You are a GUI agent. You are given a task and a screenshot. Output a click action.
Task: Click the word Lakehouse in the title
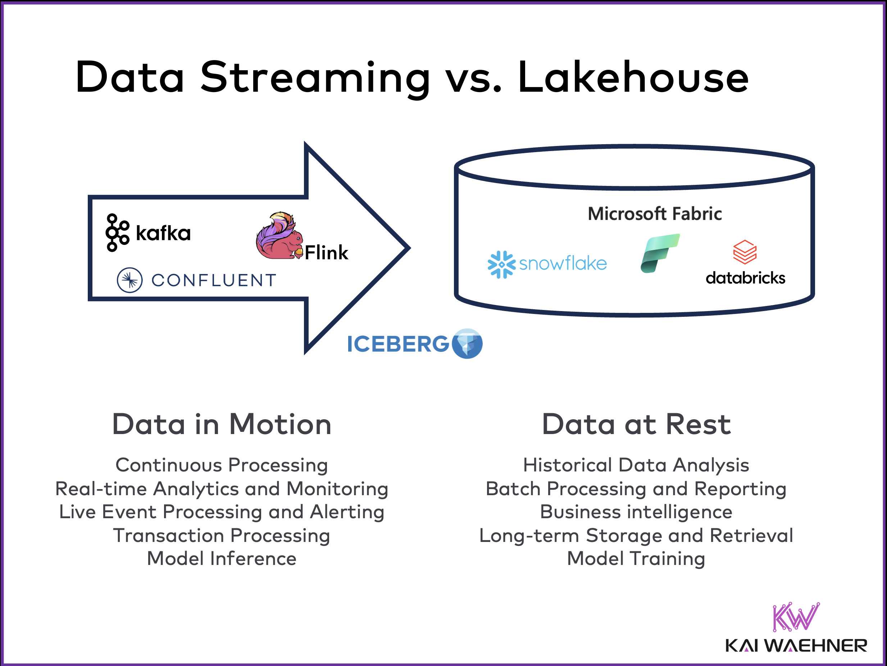click(633, 77)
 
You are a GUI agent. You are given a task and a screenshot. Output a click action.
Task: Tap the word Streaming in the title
click(315, 77)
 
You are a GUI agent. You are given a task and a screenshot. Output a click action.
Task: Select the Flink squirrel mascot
click(279, 237)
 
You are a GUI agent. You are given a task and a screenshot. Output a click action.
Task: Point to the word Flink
click(326, 252)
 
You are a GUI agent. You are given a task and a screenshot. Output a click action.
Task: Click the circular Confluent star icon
click(129, 280)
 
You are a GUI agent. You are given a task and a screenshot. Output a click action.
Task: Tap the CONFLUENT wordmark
click(214, 280)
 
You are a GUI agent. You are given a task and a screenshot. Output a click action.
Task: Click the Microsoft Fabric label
click(654, 214)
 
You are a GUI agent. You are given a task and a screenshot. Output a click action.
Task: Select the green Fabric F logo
click(660, 254)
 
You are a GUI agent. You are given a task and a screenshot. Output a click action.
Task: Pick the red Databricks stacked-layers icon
click(745, 252)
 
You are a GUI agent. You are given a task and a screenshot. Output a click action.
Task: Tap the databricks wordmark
click(745, 278)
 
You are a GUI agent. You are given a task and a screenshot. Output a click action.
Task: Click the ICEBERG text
click(398, 344)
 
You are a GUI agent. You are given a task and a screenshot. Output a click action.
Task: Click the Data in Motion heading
click(222, 424)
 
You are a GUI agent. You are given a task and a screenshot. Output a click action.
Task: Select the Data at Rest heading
click(636, 424)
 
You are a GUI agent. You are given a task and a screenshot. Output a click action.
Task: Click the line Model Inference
click(222, 558)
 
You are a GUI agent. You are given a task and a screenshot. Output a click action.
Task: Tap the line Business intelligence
click(636, 512)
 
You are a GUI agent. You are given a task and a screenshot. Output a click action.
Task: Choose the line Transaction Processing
click(222, 535)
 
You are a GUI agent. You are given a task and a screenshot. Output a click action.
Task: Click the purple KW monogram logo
click(796, 617)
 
